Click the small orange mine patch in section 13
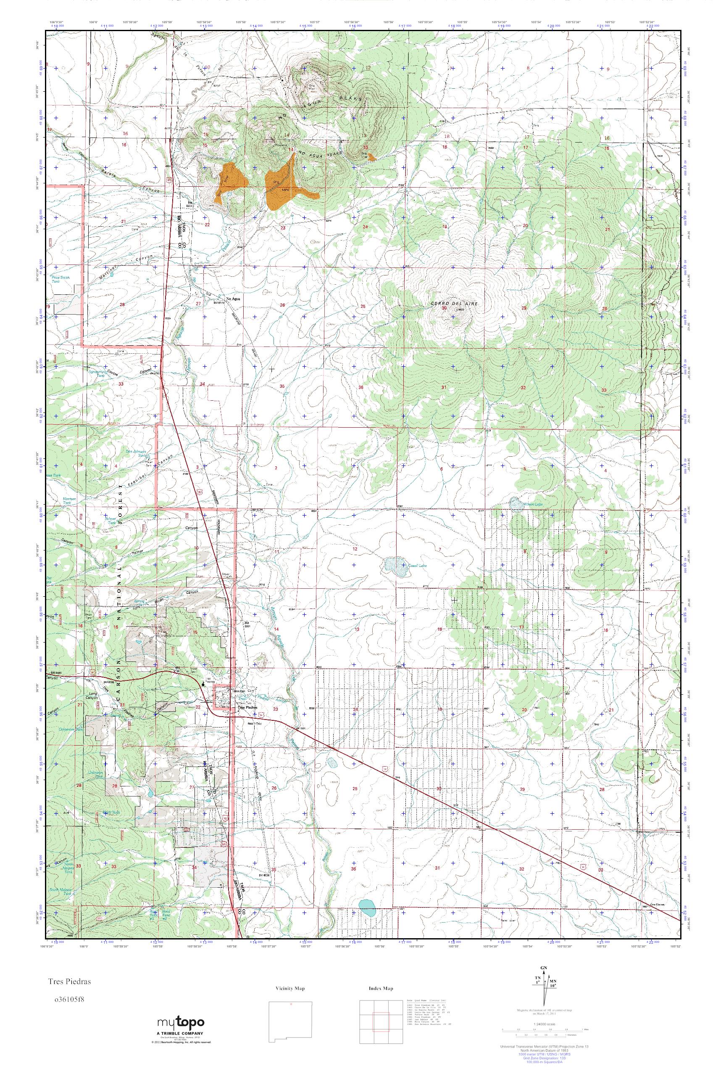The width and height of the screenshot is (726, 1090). (371, 158)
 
